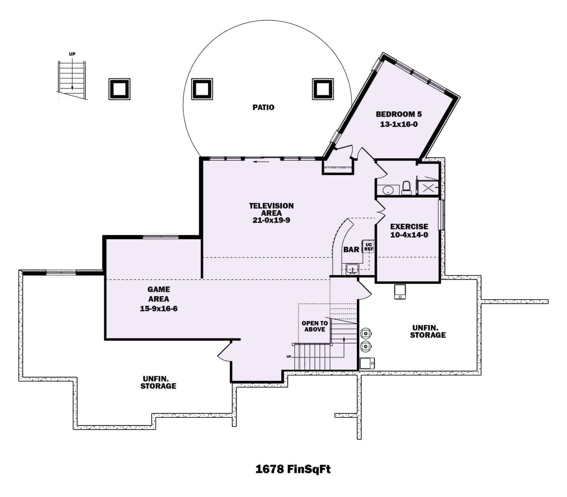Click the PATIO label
[x=263, y=107]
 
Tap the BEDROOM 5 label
[x=398, y=114]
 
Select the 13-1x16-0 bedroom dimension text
[x=398, y=124]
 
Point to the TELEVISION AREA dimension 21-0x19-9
[x=271, y=220]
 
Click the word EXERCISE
[x=409, y=226]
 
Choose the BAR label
[x=351, y=249]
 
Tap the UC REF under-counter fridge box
[x=368, y=246]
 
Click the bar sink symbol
[x=352, y=269]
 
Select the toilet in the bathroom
[x=406, y=188]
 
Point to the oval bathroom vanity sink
[x=388, y=190]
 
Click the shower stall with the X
[x=428, y=188]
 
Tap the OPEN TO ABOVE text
[x=314, y=326]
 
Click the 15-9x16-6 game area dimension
[x=159, y=309]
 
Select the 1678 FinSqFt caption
[x=293, y=469]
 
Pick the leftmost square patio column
[x=119, y=89]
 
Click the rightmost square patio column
[x=323, y=89]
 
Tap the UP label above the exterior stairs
[x=72, y=54]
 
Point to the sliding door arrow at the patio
[x=261, y=161]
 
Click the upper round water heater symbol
[x=366, y=333]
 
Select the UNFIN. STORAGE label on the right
[x=428, y=331]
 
